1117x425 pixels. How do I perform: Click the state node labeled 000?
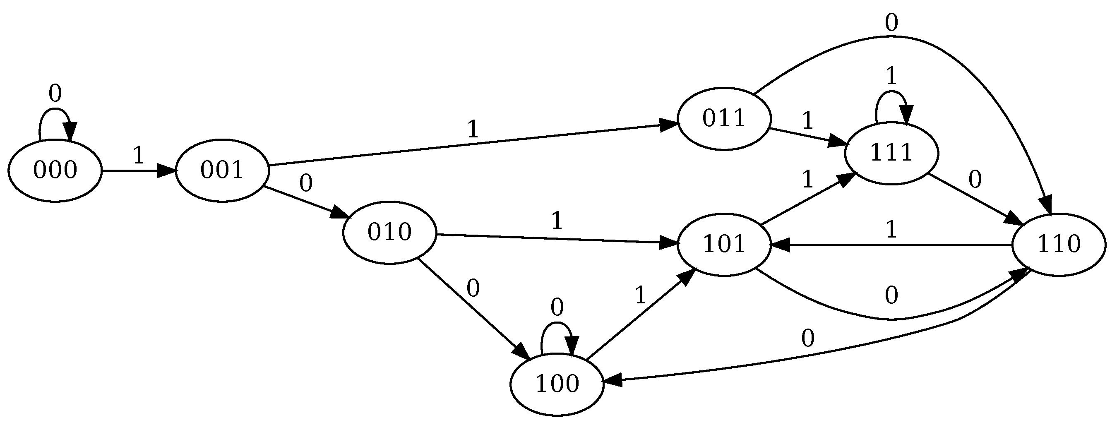pos(55,170)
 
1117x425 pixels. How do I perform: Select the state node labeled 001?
pos(221,170)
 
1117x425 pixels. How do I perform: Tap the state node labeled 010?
pos(389,233)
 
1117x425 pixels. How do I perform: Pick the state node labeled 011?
pos(724,119)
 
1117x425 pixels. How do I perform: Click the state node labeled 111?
pos(891,154)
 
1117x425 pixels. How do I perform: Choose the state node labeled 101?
pos(724,245)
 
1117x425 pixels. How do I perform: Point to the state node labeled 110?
pos(1059,245)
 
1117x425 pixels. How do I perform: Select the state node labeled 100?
pos(557,384)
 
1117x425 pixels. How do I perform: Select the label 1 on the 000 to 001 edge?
pos(138,155)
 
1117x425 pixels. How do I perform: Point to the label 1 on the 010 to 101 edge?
pos(557,221)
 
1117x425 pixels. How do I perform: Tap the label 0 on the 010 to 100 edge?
pos(473,288)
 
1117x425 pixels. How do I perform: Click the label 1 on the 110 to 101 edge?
pos(891,229)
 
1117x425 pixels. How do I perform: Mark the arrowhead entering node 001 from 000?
pos(166,170)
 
